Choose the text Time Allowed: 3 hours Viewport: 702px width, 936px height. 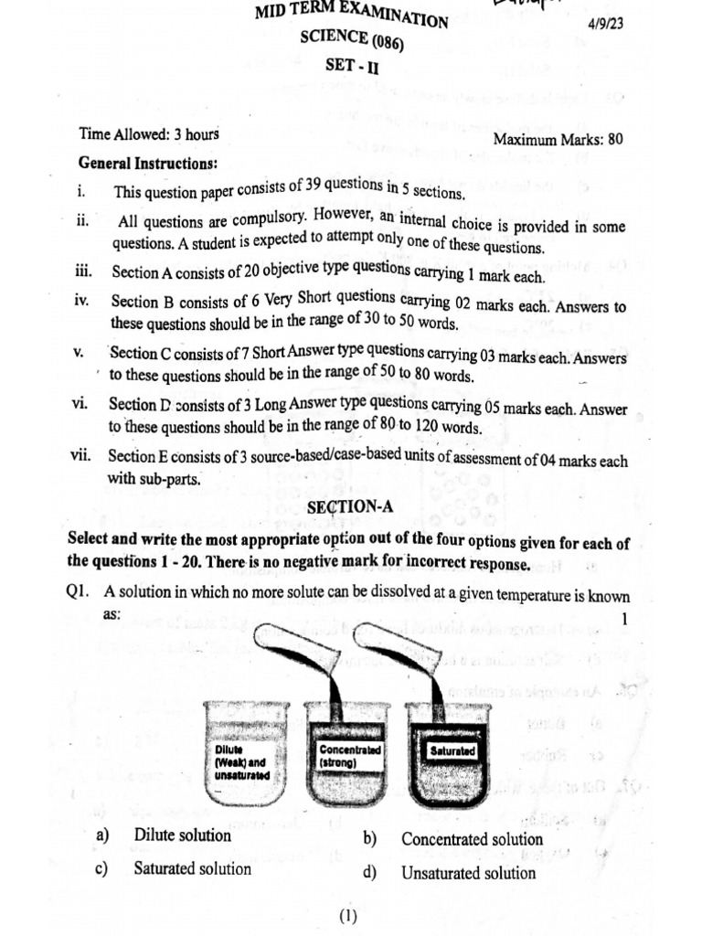[x=149, y=134]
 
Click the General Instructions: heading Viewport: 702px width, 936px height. [x=148, y=164]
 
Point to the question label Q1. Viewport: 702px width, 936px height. [x=78, y=592]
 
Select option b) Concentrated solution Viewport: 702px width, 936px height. [x=472, y=839]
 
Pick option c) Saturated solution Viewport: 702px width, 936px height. [x=192, y=868]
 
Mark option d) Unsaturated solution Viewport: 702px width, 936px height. [x=468, y=873]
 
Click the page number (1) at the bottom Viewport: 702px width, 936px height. [x=347, y=917]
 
